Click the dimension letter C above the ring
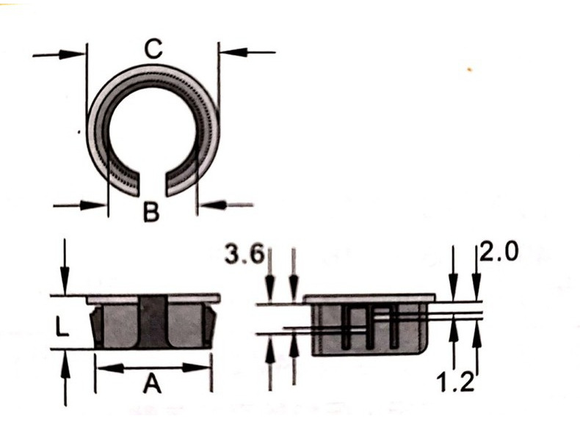(153, 50)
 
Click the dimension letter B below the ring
(151, 212)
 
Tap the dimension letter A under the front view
(153, 383)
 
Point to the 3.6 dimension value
(244, 255)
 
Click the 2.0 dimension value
(499, 252)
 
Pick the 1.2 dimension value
(455, 382)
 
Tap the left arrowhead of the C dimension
(72, 55)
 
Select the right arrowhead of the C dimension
(233, 52)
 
